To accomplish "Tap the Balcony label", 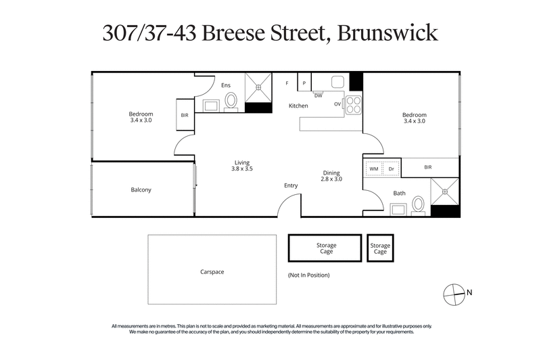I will pos(141,190).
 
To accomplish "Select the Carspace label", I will pos(212,271).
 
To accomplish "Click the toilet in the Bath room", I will pos(418,203).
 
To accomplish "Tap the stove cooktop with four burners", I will pos(353,104).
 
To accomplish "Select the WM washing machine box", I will pos(373,168).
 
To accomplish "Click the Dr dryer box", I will pos(392,168).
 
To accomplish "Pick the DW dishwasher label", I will pos(318,95).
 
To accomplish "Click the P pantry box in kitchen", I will pos(304,83).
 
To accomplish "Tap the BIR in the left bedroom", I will pos(185,115).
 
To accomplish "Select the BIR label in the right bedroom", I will pos(427,167).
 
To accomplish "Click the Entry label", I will pos(291,185).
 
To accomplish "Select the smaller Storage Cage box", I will pos(380,248).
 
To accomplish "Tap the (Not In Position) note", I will pos(308,275).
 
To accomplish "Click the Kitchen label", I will pos(298,106).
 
